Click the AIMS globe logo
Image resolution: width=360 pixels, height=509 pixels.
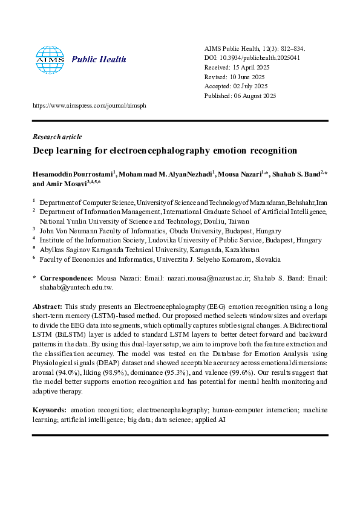point(49,59)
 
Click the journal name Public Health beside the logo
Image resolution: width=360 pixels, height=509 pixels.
point(99,59)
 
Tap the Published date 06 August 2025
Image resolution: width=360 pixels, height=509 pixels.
point(241,96)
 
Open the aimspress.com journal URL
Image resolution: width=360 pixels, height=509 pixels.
point(89,105)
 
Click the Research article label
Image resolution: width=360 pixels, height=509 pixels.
point(57,137)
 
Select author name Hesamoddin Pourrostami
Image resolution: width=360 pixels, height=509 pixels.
point(73,173)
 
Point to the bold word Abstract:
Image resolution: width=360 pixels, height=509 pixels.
point(47,307)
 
